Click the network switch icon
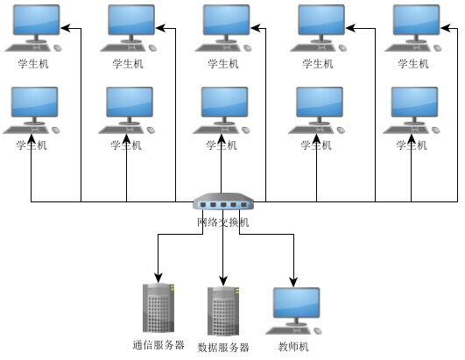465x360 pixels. coord(222,204)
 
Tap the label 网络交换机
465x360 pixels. coord(222,222)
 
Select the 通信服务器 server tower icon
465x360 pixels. coord(158,307)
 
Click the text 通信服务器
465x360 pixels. coord(158,345)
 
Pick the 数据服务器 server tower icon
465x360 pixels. coord(223,311)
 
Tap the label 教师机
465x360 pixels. coord(293,347)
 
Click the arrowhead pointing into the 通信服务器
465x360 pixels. coord(158,275)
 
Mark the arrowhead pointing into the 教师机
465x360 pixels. coord(292,279)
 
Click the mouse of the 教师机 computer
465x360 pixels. coord(318,331)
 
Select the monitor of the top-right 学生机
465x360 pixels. coord(415,19)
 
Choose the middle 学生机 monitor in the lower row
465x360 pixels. coord(224,102)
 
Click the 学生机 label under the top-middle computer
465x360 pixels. coord(222,64)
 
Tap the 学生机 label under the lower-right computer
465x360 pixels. coord(412,145)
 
